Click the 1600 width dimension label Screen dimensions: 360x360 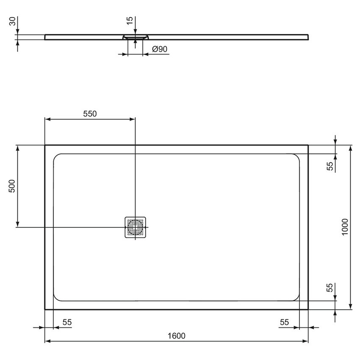176,336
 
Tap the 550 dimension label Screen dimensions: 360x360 90,114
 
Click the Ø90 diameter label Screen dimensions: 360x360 160,49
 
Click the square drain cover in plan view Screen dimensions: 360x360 135,227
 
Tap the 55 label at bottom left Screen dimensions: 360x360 67,322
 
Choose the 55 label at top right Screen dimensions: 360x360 330,166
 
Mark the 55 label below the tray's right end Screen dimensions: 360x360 284,322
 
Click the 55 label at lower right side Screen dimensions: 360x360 330,288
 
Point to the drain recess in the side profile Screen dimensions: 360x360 135,37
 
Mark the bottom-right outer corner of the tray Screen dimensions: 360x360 308,309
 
